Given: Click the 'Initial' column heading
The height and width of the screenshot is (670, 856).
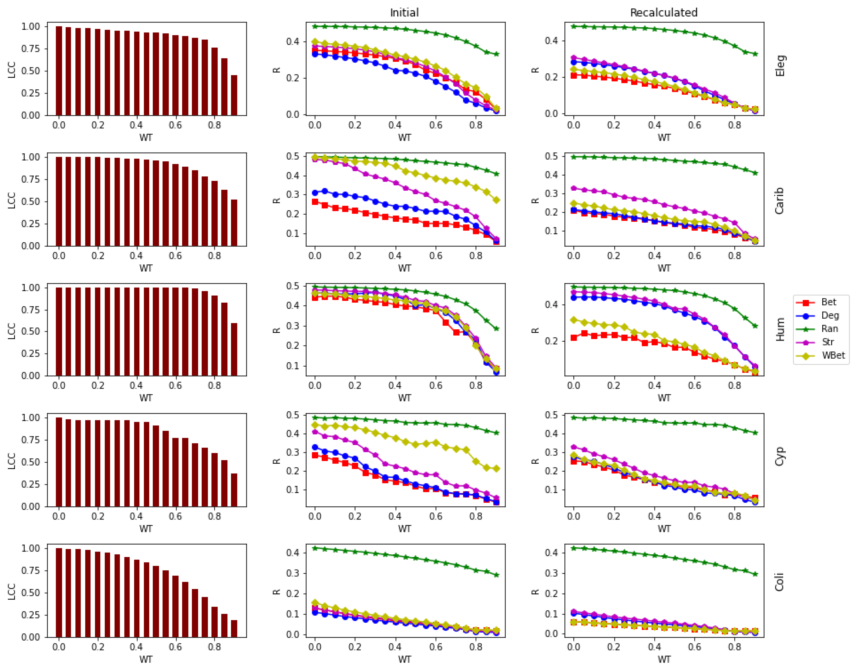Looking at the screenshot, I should point(404,13).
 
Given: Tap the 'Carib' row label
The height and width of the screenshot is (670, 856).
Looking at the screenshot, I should point(779,201).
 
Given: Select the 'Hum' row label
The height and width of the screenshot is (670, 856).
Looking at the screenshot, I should point(780,330).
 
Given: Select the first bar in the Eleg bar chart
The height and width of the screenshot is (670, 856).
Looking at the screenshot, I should point(59,71).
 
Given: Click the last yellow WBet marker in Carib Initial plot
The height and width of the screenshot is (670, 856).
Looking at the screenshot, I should point(496,200).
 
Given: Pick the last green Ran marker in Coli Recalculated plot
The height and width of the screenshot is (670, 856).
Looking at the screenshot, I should point(755,574).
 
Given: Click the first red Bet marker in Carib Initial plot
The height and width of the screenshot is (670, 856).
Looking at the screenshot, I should point(315,202).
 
